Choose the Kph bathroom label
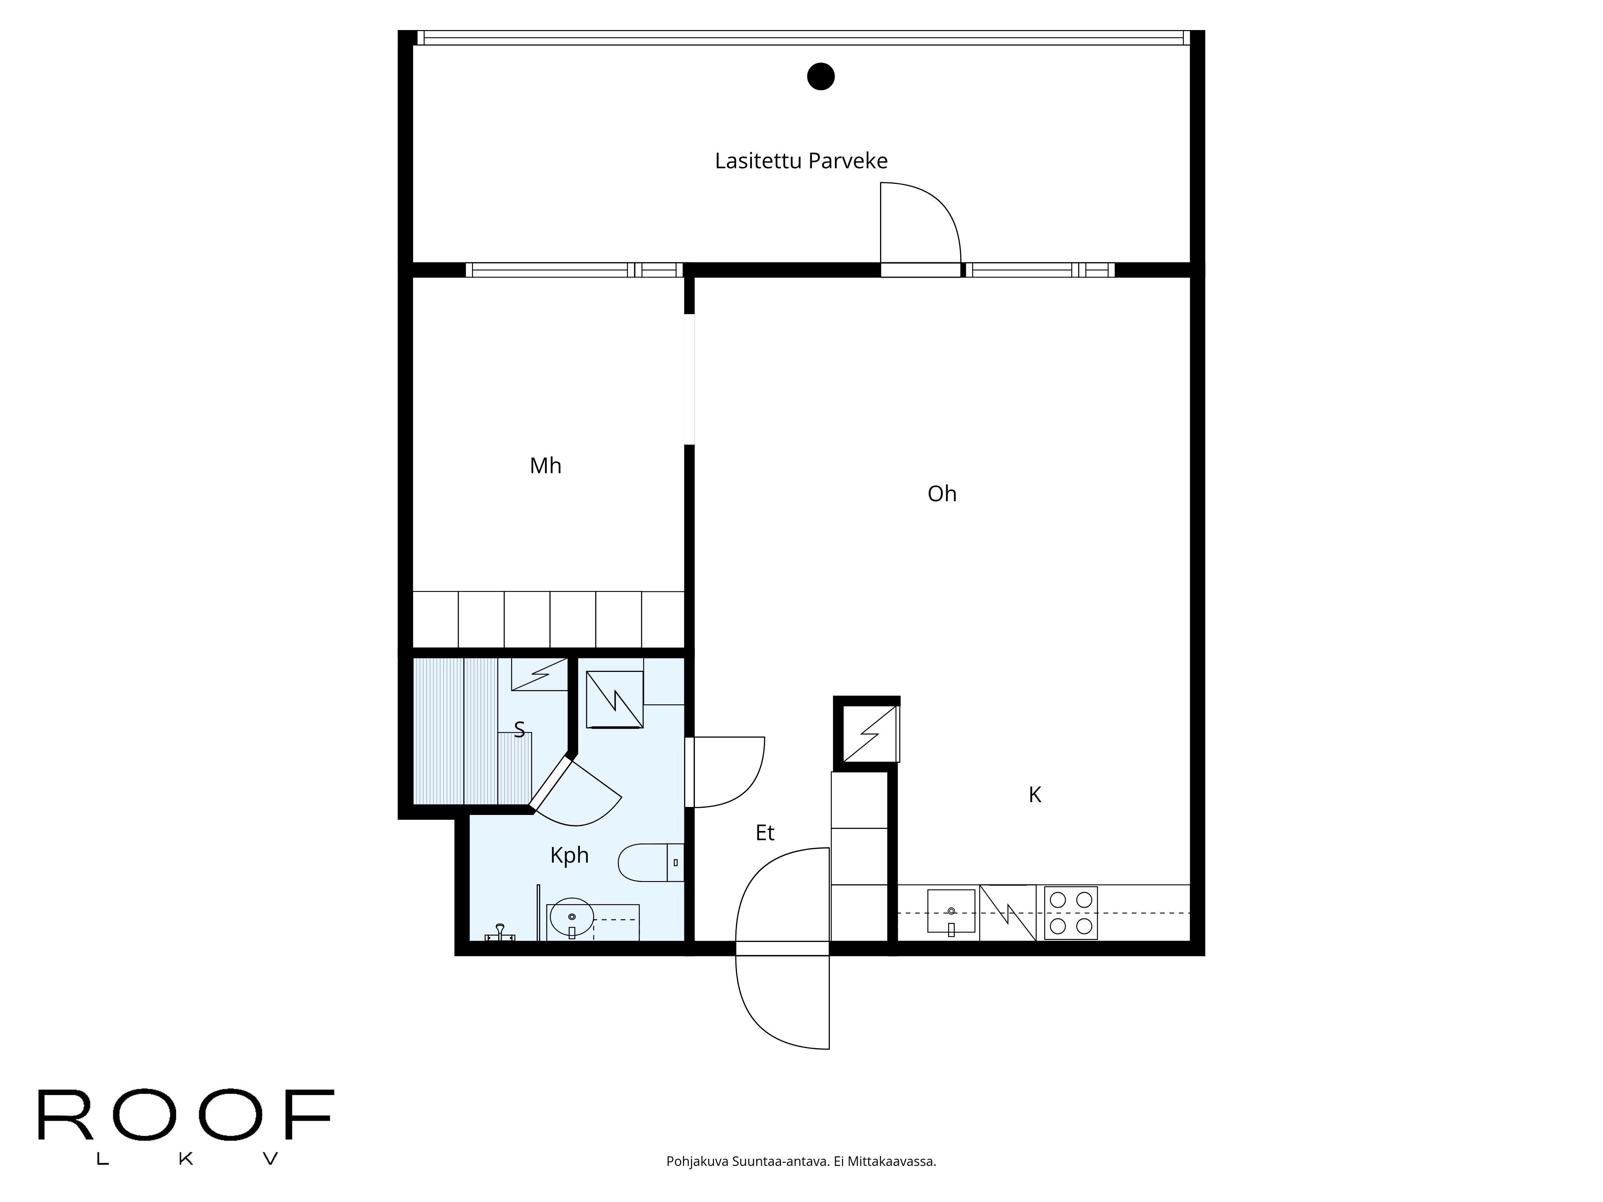click(569, 856)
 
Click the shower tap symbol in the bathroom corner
click(499, 932)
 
